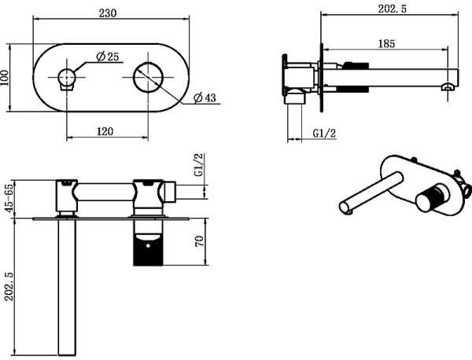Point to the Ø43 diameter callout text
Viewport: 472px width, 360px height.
point(205,97)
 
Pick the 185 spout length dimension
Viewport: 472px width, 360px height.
point(386,45)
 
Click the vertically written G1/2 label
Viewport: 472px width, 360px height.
point(199,168)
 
